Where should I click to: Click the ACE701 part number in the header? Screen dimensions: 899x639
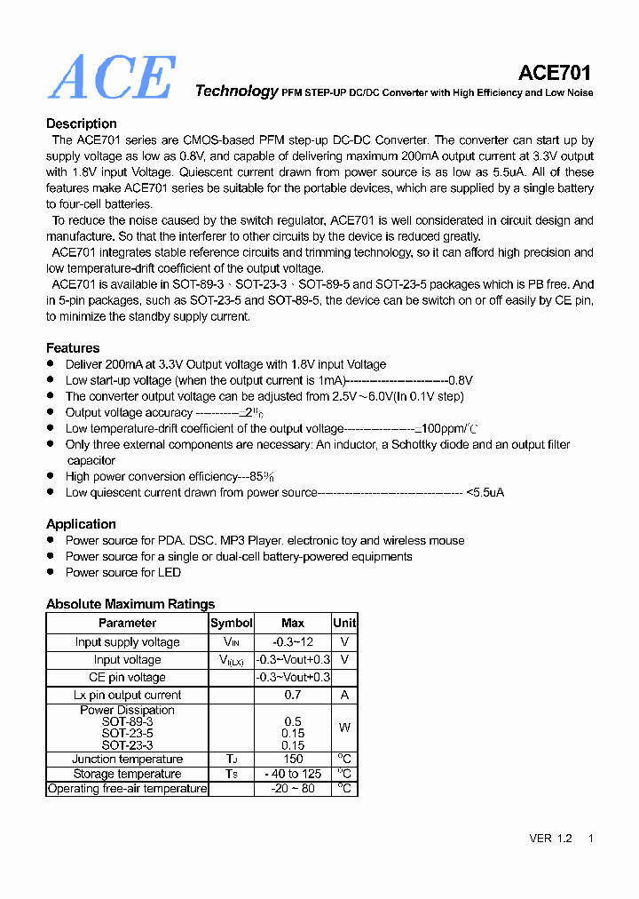point(555,73)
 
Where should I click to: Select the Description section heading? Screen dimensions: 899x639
point(82,123)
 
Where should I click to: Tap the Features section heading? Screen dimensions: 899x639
point(73,348)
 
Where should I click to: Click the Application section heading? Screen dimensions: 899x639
point(81,524)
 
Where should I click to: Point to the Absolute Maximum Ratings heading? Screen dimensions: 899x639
point(130,604)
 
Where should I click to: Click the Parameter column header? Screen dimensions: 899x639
point(127,624)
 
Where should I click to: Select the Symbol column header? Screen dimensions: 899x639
point(232,624)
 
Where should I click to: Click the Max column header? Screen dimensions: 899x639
point(293,624)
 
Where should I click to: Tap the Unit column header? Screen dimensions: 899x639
point(344,624)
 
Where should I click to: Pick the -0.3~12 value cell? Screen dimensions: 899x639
point(293,642)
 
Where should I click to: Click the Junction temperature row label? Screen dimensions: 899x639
point(127,760)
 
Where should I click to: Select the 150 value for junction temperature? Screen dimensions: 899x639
point(293,760)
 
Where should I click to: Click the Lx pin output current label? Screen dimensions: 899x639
point(127,696)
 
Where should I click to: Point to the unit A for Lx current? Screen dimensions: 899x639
point(344,696)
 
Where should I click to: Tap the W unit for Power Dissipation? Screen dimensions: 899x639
point(344,728)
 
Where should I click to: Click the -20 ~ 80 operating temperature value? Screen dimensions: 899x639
point(293,789)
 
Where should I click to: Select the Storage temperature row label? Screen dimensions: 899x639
point(127,775)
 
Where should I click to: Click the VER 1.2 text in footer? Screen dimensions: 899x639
point(551,839)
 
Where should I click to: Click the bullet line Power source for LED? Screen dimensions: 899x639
point(123,572)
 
